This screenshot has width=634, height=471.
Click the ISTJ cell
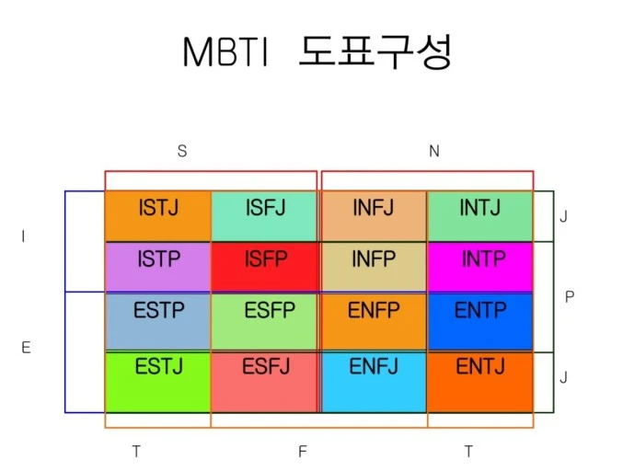[x=158, y=216]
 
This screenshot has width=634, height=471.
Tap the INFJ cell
[x=373, y=216]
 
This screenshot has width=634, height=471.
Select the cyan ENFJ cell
[x=373, y=381]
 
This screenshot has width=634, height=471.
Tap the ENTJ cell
[x=480, y=381]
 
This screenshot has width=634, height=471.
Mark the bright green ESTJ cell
[x=158, y=381]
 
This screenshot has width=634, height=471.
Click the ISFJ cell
[x=265, y=216]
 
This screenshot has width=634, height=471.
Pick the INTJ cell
[x=480, y=216]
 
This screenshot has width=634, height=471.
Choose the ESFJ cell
[x=265, y=381]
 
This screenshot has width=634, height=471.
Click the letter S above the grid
[x=182, y=152]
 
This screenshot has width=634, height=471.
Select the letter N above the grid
[x=434, y=152]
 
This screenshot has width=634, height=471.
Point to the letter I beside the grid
[x=23, y=236]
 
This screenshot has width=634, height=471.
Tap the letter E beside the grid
[x=26, y=347]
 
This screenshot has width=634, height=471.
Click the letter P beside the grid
[x=569, y=297]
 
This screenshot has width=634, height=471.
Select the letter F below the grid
[x=301, y=451]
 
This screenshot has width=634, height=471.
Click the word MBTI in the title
[x=225, y=52]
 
